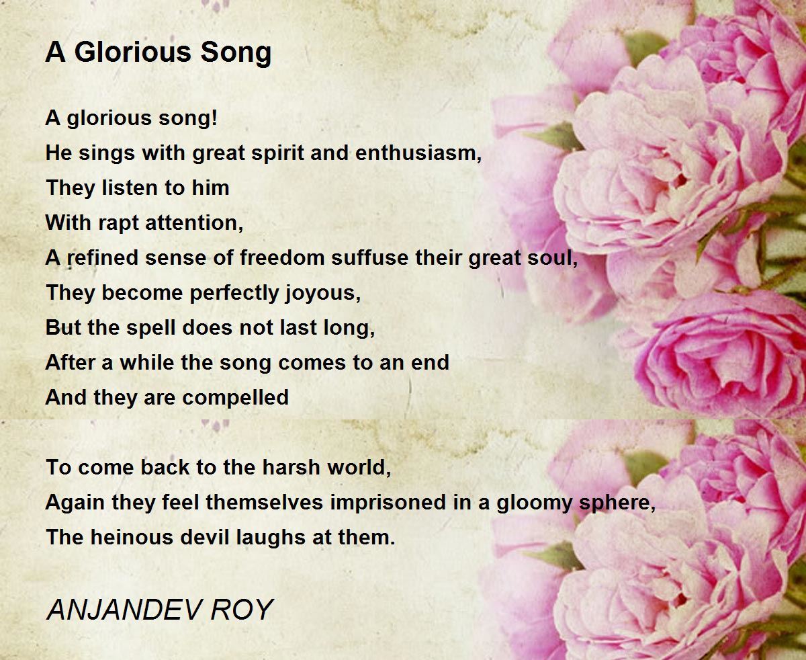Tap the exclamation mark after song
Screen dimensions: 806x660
point(214,117)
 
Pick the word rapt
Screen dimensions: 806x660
point(118,224)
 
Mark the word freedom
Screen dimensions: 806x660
point(281,257)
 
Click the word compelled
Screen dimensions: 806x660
point(235,399)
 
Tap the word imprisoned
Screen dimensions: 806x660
point(388,503)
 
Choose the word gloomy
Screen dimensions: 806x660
point(534,503)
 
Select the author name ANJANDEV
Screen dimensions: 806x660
point(123,609)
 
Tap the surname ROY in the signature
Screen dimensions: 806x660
point(242,609)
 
